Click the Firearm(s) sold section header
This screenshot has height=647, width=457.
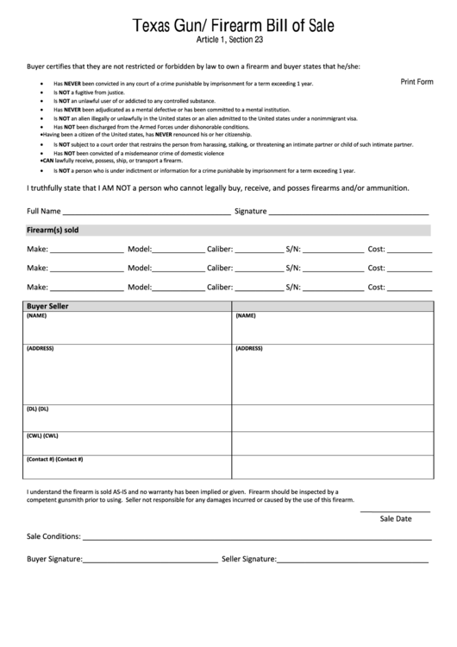[x=53, y=230]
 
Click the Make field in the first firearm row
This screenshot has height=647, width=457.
[x=86, y=250]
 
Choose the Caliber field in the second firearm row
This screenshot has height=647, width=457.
[x=258, y=269]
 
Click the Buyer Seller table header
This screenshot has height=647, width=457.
[x=48, y=307]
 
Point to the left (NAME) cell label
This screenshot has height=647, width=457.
[x=37, y=317]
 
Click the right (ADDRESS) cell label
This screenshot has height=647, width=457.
[x=248, y=348]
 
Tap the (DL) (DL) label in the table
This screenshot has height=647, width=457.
[x=38, y=409]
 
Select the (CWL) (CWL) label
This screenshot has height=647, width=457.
[x=42, y=435]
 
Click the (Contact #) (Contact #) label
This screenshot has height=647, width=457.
[x=54, y=459]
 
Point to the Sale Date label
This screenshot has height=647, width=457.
[x=396, y=519]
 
